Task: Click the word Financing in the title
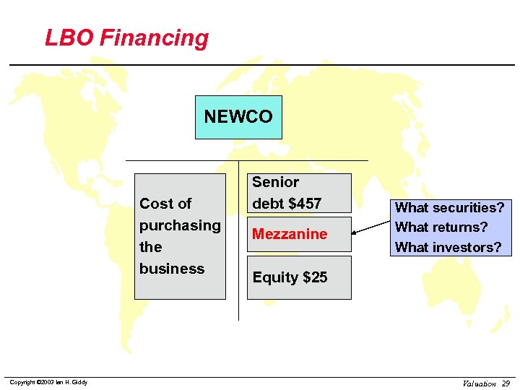(154, 38)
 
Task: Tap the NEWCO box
(238, 117)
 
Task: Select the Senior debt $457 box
(299, 193)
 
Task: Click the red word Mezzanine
(290, 234)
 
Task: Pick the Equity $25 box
(299, 277)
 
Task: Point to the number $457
(305, 204)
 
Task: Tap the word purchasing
(180, 225)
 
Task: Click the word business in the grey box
(172, 269)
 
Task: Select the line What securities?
(449, 208)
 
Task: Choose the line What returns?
(441, 227)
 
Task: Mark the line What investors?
(448, 247)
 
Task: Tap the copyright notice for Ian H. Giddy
(48, 382)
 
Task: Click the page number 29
(506, 383)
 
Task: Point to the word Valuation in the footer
(479, 383)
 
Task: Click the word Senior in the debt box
(275, 182)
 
